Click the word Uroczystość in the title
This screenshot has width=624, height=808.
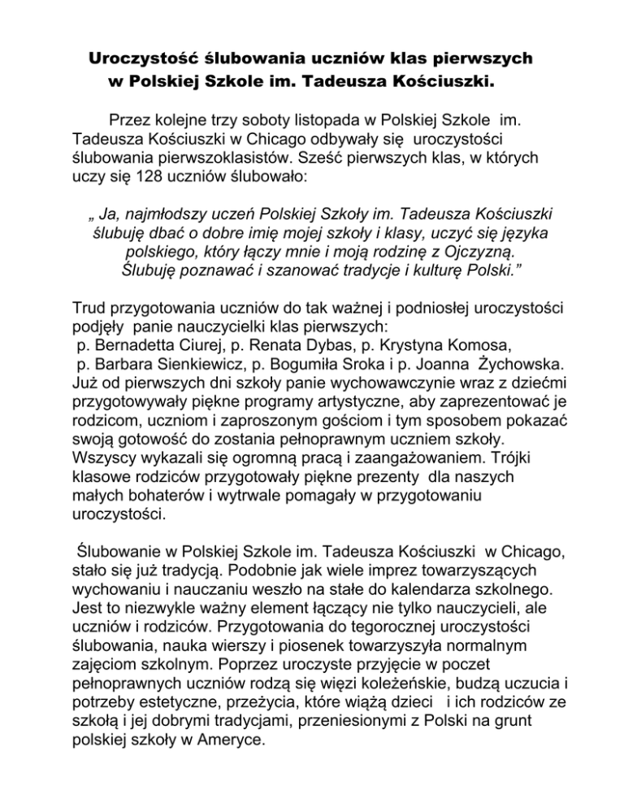[x=144, y=59]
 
